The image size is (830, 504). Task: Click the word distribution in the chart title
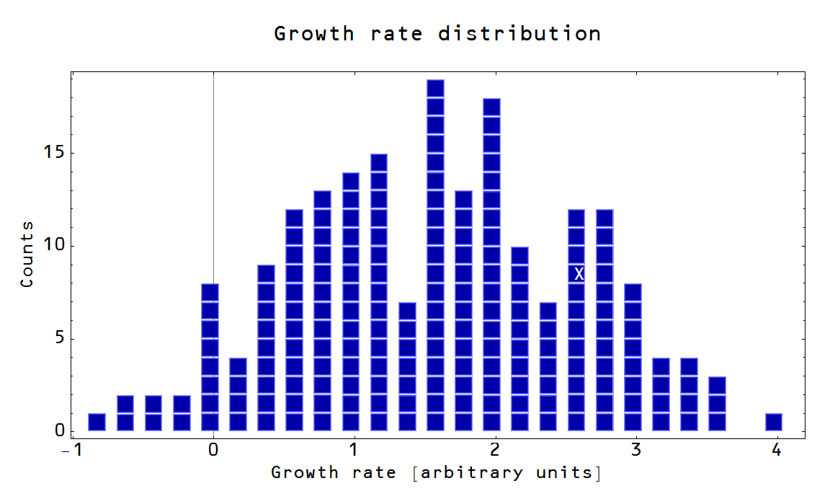(x=519, y=34)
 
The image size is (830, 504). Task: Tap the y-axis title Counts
(x=27, y=255)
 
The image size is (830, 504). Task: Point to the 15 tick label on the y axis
(x=54, y=153)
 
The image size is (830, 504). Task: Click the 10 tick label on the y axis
(x=54, y=245)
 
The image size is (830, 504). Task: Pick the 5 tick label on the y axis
(x=59, y=338)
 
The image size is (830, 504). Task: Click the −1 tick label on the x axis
(x=69, y=449)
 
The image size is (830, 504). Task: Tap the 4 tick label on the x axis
(x=776, y=449)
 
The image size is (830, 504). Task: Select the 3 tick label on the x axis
(x=635, y=449)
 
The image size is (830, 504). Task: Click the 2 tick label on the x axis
(x=494, y=449)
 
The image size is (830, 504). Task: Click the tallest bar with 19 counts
(x=435, y=255)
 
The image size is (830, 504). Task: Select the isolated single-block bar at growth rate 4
(x=773, y=422)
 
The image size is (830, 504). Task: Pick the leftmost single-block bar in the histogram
(x=97, y=422)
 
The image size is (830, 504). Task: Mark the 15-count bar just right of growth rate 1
(x=379, y=292)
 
